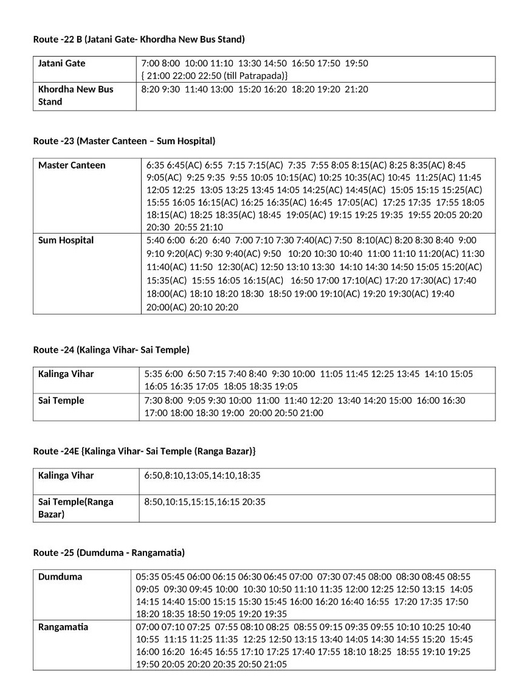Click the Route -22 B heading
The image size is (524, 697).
tap(139, 40)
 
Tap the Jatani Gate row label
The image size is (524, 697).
tap(61, 63)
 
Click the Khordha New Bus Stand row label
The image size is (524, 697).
tap(75, 95)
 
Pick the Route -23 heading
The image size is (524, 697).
tap(124, 141)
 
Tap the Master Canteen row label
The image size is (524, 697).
tap(72, 165)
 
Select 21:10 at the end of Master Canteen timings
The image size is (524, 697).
tap(211, 227)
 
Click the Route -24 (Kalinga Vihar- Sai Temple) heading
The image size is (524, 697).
tap(111, 350)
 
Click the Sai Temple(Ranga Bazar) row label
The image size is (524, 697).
tap(75, 508)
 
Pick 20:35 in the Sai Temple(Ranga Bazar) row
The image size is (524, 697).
tap(253, 502)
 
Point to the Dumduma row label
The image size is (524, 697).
tap(60, 577)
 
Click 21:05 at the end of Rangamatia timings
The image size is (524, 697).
tap(275, 664)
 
